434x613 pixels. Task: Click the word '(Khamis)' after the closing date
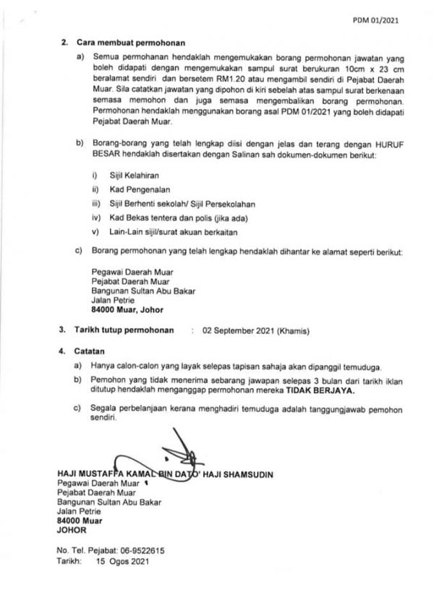click(297, 330)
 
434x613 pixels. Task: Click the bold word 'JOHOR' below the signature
click(71, 528)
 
